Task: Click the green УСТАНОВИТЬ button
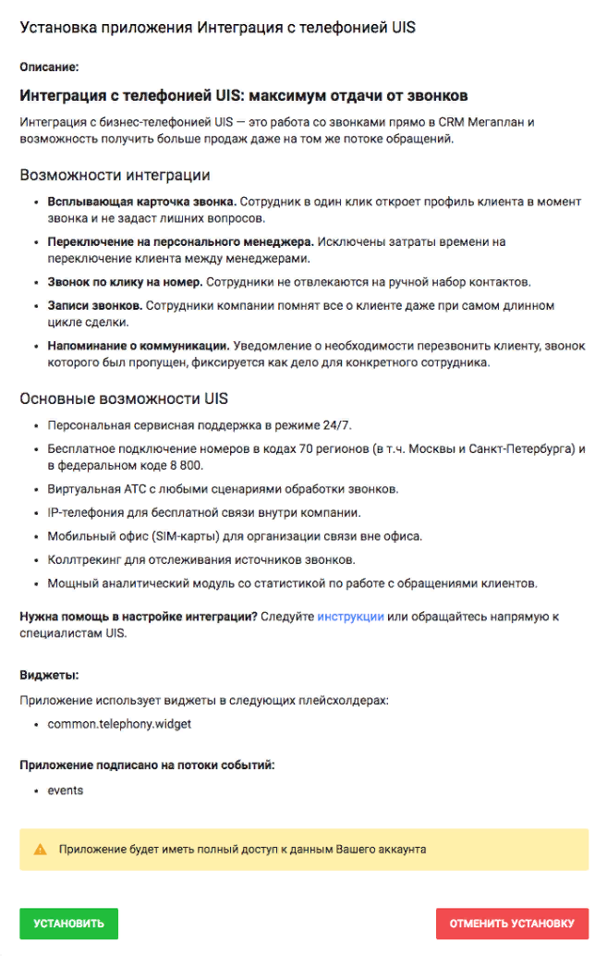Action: [68, 924]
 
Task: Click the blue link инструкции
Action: [350, 617]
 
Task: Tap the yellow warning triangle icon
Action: [40, 849]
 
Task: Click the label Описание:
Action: [49, 67]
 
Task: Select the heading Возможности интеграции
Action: [115, 175]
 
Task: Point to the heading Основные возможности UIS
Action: [124, 399]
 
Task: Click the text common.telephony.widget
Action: [119, 724]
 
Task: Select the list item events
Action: [65, 791]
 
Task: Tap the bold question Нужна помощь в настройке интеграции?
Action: [138, 617]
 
